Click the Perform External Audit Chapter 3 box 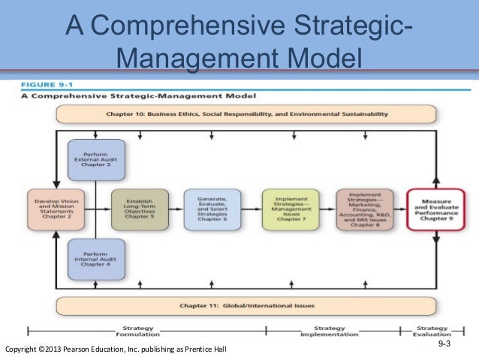coord(96,159)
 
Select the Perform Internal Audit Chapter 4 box coord(96,257)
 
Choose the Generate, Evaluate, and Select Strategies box coord(212,208)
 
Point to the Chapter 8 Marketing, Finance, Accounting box coord(365,208)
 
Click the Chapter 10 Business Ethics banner coord(246,114)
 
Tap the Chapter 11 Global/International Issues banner coord(246,306)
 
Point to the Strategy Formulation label coord(137,331)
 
